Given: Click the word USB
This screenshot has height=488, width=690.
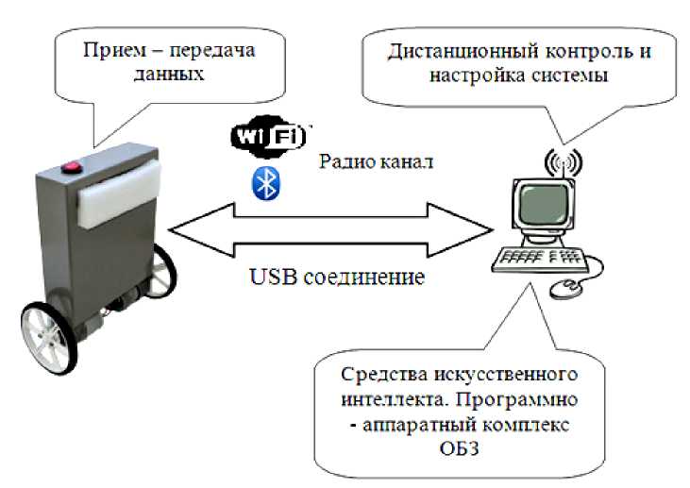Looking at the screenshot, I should click(272, 279).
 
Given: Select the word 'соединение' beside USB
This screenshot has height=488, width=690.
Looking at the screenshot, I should click(362, 279).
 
